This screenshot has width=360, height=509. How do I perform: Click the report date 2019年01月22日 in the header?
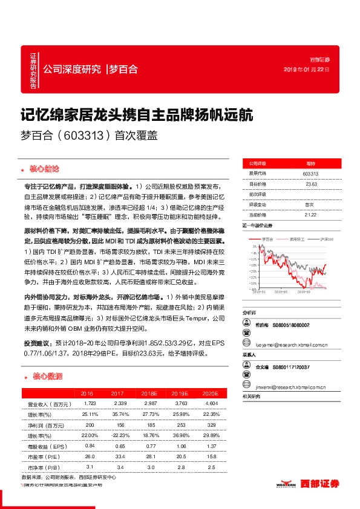coord(307,70)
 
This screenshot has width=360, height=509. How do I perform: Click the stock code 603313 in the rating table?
coord(310,174)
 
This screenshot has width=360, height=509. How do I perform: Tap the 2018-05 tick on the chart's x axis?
coord(283,291)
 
